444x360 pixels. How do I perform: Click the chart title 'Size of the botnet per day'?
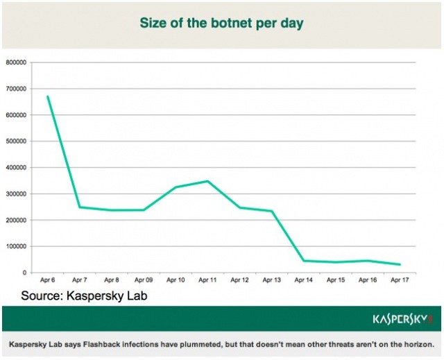coord(221,23)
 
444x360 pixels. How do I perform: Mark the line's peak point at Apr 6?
coord(48,96)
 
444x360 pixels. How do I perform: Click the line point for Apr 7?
coord(80,207)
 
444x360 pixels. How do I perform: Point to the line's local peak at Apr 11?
coord(207,181)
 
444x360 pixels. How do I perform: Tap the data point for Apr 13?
coord(271,211)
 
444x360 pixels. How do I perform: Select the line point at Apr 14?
coord(304,261)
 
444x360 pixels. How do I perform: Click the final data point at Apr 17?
coord(400,264)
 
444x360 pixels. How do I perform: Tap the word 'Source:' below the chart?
coord(44,296)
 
